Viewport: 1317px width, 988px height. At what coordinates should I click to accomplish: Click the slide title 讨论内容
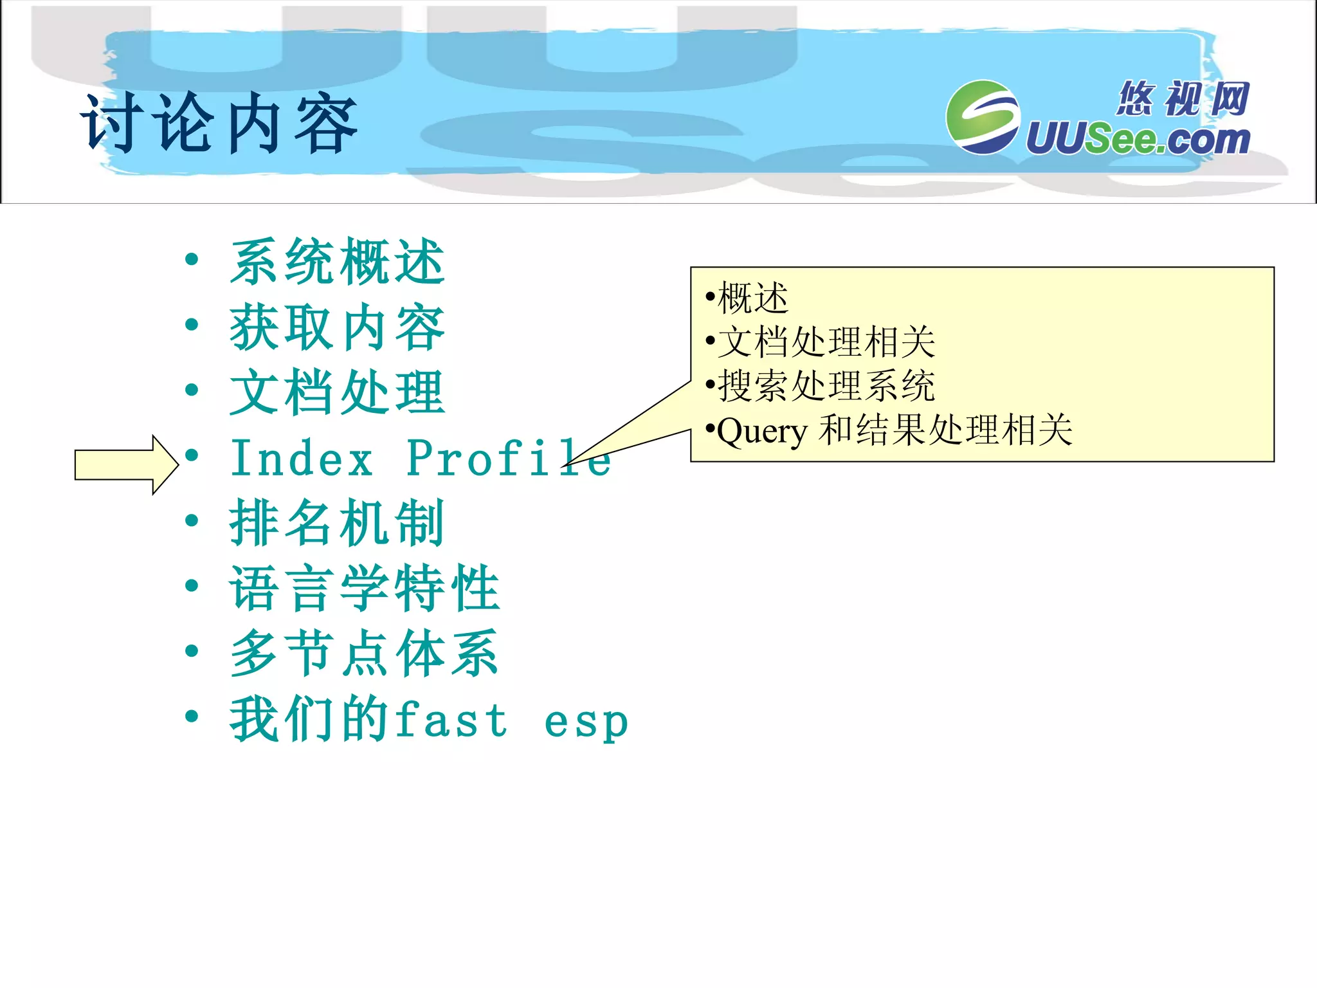click(x=219, y=123)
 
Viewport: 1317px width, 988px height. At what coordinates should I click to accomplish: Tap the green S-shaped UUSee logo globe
click(x=983, y=117)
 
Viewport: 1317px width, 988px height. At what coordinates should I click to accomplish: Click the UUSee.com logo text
click(x=1137, y=139)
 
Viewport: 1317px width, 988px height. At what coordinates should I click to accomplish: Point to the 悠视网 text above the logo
click(x=1182, y=98)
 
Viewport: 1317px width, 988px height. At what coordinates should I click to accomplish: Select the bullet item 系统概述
click(x=337, y=262)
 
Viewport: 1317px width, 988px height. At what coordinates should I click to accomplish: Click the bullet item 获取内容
click(x=337, y=327)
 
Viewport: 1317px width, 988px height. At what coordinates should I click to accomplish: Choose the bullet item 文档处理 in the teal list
click(x=337, y=392)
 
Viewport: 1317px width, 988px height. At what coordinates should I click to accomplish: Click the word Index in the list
click(x=302, y=459)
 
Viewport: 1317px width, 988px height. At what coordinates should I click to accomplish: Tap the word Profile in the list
click(x=508, y=459)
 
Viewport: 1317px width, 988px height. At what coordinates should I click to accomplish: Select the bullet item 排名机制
click(x=337, y=523)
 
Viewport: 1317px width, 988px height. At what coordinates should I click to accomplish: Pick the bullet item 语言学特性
click(x=364, y=588)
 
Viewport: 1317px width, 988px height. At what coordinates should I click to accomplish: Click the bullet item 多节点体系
click(x=364, y=654)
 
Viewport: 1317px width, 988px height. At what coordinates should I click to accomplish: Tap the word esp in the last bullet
click(x=586, y=722)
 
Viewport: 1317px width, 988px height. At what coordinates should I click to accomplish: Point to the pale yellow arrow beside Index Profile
click(x=126, y=464)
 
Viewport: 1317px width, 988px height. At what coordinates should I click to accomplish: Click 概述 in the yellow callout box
click(x=752, y=298)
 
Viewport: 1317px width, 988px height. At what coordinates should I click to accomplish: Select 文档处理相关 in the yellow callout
click(x=826, y=342)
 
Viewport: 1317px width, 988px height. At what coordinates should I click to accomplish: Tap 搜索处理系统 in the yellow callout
click(x=826, y=386)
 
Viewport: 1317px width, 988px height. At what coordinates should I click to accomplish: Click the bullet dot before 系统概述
click(x=191, y=260)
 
